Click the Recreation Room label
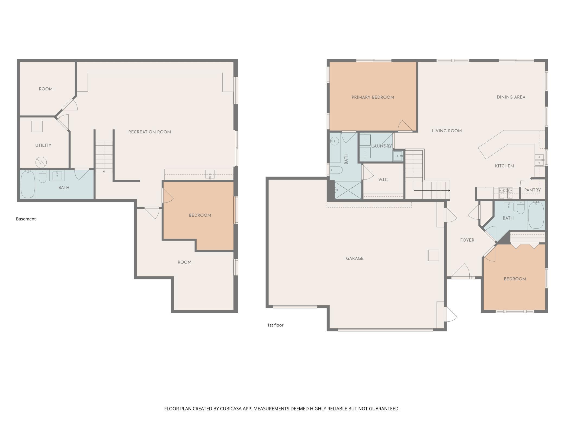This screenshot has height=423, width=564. coord(149,132)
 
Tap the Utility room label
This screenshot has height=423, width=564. coord(43,145)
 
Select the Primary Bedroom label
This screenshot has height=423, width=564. coord(373,97)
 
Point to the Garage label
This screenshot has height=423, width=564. coord(355,258)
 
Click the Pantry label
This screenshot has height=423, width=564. coord(532,190)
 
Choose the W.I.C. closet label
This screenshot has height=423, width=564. coord(383,180)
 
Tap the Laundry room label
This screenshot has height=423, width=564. coord(382,146)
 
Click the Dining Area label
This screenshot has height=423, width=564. coord(511,97)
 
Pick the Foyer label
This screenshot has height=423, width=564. coord(467,240)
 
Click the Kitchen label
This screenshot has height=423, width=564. coord(504,166)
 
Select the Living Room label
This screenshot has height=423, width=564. coord(447,131)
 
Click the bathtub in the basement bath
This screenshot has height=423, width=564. coord(28,184)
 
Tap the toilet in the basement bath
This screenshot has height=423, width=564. coord(43,176)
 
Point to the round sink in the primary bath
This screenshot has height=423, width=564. coord(335,141)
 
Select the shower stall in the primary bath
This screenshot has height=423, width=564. coord(348,190)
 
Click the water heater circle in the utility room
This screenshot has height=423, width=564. coord(41,162)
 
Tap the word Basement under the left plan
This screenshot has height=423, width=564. coord(26,219)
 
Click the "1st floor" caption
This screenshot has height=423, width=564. coord(275,325)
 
